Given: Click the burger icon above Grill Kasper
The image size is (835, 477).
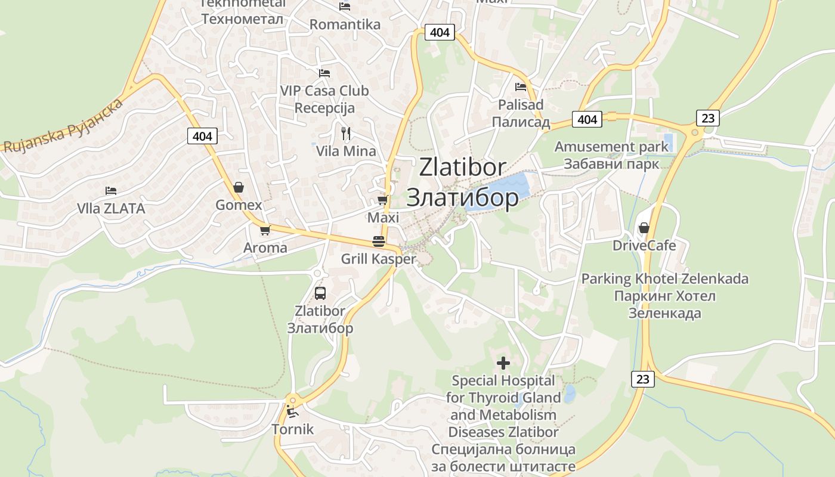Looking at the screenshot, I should [379, 241].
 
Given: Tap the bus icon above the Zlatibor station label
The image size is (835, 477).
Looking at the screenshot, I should [320, 293].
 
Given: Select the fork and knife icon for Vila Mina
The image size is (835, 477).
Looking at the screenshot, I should [346, 133].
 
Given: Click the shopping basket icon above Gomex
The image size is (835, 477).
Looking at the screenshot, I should [239, 187].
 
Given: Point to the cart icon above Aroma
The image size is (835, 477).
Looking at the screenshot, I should [265, 230].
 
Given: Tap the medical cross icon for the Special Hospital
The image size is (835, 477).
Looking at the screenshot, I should [503, 363].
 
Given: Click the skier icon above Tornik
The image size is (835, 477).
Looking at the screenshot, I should [292, 411].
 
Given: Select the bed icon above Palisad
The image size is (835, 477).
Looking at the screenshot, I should [521, 87].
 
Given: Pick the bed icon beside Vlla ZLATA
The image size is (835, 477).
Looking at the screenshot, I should [111, 191].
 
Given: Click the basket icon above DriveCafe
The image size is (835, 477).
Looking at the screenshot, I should [644, 228].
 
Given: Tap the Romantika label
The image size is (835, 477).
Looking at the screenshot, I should [345, 24].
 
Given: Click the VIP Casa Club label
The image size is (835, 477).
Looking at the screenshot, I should [324, 91].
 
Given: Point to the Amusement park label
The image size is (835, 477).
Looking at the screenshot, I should [612, 147].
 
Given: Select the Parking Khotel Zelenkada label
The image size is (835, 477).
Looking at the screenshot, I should [664, 278].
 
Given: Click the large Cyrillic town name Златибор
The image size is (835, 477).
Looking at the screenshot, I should [462, 198].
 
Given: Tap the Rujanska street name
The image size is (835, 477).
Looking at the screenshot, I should [63, 126].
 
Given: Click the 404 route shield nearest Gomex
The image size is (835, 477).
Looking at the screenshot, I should [202, 136].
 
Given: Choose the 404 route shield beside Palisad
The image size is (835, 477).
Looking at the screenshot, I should [587, 119].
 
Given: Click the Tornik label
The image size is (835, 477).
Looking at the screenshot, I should [292, 429].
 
